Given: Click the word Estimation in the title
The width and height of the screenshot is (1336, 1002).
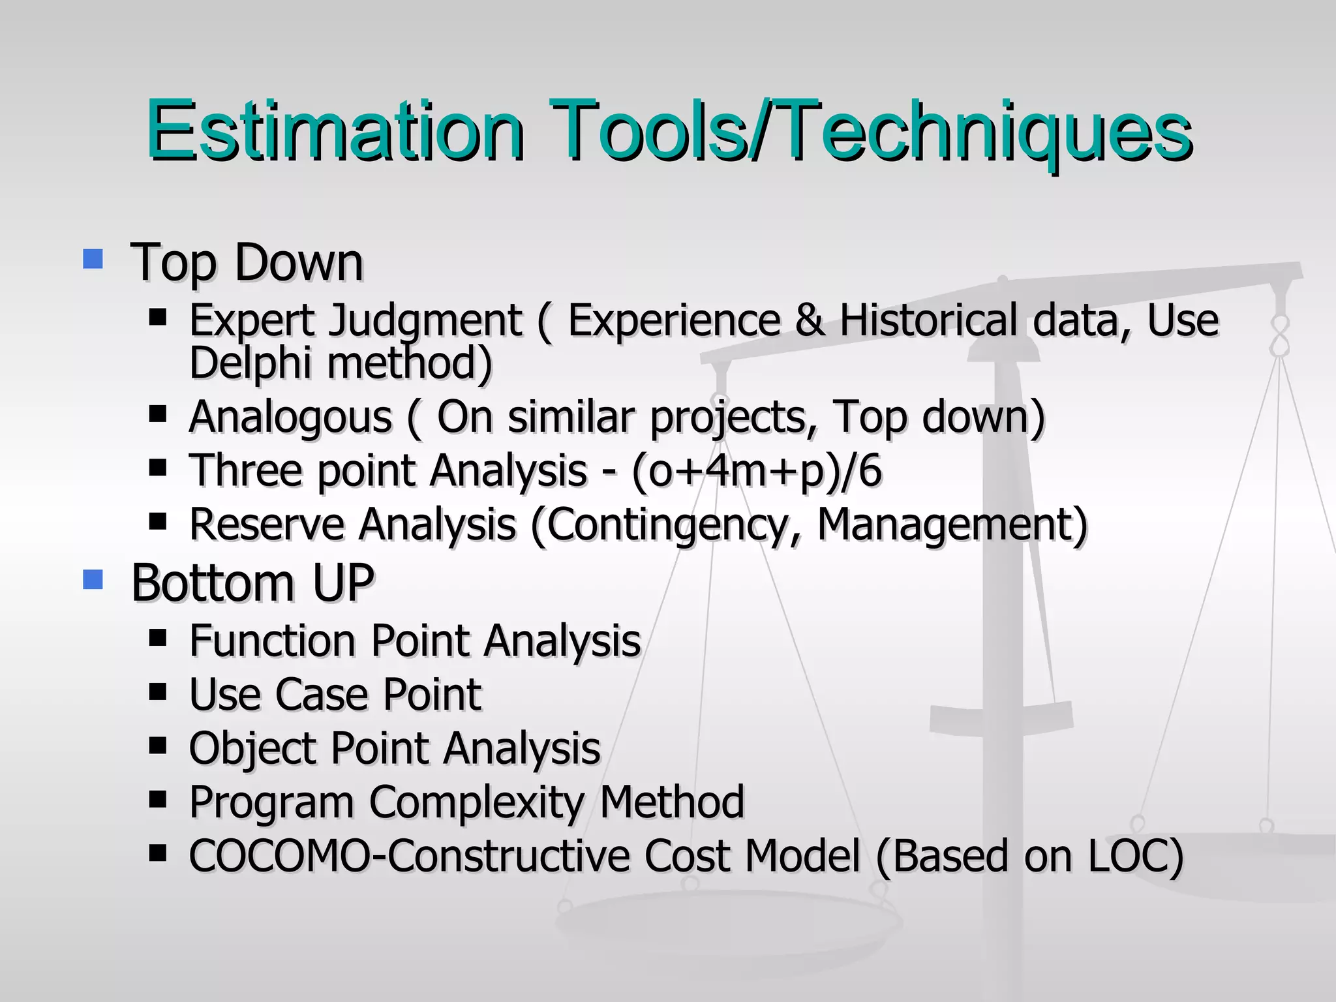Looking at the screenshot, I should tap(335, 130).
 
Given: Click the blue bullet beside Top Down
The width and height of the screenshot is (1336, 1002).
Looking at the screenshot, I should tap(93, 259).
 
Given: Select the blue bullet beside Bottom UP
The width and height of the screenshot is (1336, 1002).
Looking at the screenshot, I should tap(93, 579).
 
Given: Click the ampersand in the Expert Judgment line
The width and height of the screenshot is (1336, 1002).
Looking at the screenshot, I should tap(810, 320).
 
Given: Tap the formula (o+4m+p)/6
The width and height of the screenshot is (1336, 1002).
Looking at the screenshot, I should tap(757, 470).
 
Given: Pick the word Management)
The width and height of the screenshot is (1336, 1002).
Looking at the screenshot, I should tap(952, 524).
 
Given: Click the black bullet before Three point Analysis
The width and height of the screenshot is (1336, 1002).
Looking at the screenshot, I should tap(158, 468).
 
